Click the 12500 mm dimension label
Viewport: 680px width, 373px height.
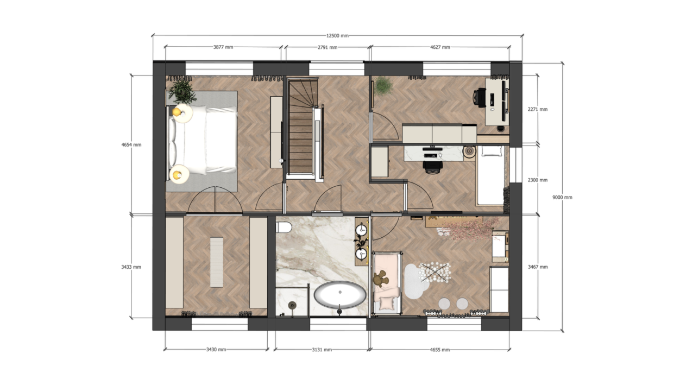(337, 36)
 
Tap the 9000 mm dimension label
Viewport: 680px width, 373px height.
(562, 197)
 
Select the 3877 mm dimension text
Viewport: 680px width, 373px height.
(223, 47)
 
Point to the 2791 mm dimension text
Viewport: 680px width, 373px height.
(328, 47)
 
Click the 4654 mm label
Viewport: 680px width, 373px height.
(131, 145)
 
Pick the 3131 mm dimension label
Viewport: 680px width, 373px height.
(322, 350)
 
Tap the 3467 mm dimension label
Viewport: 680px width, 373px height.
(538, 267)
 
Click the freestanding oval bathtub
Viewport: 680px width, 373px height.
(340, 295)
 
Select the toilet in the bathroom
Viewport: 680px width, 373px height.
(284, 227)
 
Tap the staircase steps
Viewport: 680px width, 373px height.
(300, 127)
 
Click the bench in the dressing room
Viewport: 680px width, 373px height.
(217, 262)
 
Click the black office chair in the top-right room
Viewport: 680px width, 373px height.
(480, 97)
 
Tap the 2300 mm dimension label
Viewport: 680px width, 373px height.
(538, 180)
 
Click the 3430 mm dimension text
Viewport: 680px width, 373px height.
(216, 350)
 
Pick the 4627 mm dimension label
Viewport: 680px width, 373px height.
(440, 47)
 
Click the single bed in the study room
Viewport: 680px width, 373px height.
(491, 175)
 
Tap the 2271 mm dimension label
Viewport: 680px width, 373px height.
(538, 109)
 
